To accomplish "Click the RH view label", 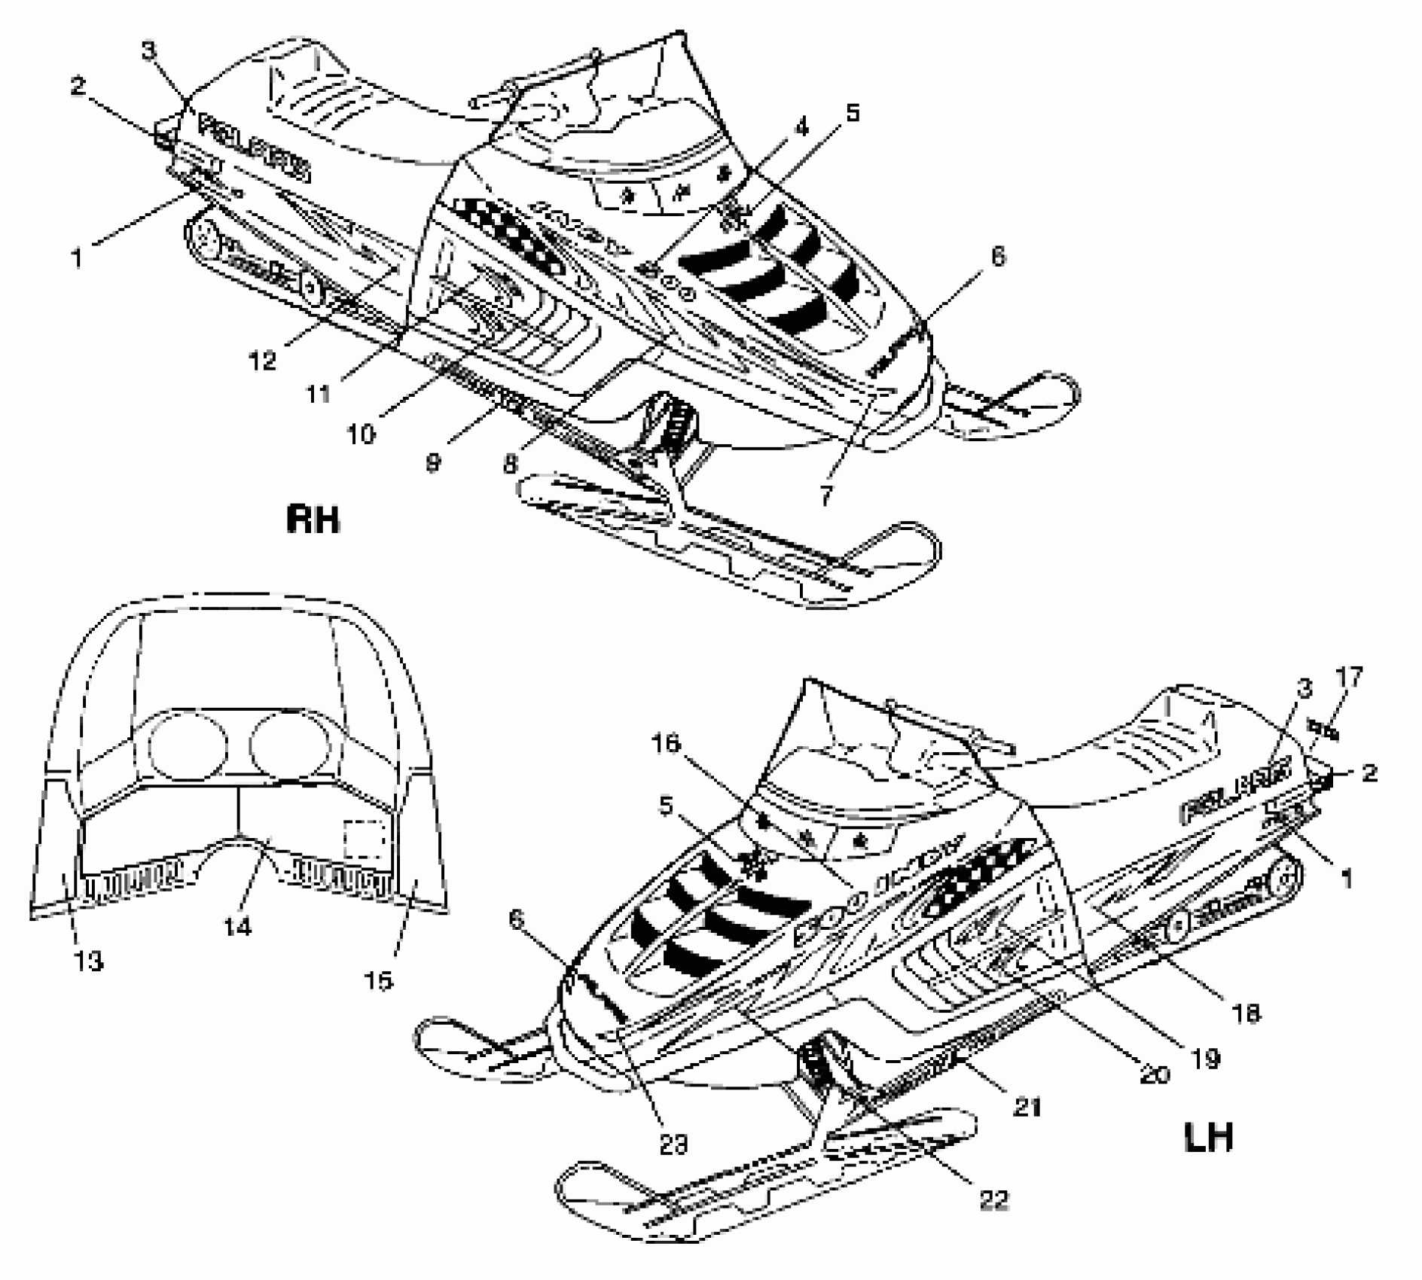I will click(x=313, y=520).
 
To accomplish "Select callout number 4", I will click(x=801, y=129).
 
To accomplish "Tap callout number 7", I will click(x=826, y=496).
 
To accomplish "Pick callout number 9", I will click(x=432, y=462).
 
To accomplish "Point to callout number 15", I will click(x=381, y=980).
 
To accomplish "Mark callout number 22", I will click(x=993, y=1200).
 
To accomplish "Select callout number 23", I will click(x=673, y=1145).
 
